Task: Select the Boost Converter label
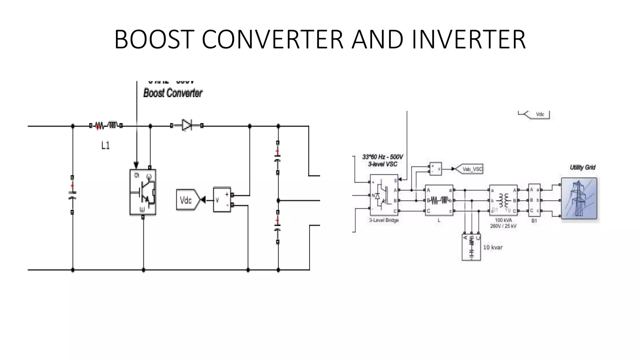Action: point(173,93)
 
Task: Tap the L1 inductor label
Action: point(105,145)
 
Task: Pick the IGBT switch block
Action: point(143,192)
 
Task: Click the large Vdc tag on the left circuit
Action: point(187,200)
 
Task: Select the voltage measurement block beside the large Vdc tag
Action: point(222,200)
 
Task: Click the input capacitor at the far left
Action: point(72,195)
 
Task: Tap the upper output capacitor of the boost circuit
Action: point(278,157)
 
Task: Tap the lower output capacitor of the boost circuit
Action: point(278,227)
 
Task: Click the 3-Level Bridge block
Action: point(384,195)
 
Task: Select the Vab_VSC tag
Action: point(472,169)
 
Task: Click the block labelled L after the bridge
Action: point(439,200)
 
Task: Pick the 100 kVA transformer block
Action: point(503,200)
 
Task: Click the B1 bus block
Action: point(534,200)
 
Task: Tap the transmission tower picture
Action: point(579,198)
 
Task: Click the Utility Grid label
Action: point(582,167)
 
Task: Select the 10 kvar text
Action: point(493,247)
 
